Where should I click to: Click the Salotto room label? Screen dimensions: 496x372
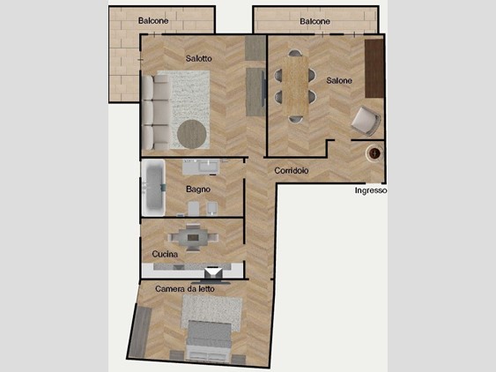(x=198, y=58)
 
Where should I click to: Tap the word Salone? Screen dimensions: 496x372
(x=339, y=81)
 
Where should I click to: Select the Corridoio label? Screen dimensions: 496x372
(x=292, y=171)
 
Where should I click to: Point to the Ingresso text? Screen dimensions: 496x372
(x=371, y=190)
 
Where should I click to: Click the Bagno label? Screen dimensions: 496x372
(x=198, y=190)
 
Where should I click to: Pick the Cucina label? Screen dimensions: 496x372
(x=165, y=254)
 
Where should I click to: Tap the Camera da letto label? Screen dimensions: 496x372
(x=185, y=289)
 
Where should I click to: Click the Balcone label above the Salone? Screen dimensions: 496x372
(x=315, y=21)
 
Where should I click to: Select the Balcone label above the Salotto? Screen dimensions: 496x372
(x=153, y=21)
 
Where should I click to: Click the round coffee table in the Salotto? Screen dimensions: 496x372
(x=192, y=134)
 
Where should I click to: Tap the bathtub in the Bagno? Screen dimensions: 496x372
(x=153, y=188)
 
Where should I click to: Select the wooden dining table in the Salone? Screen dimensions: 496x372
(x=296, y=86)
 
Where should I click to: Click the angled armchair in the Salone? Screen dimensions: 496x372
(x=366, y=121)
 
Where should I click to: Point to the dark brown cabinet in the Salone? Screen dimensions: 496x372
(x=374, y=69)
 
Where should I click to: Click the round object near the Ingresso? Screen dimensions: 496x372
(x=374, y=153)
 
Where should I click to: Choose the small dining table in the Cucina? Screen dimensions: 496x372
(x=193, y=237)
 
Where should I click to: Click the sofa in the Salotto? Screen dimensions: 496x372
(x=156, y=112)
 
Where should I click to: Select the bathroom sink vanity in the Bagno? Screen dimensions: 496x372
(x=201, y=167)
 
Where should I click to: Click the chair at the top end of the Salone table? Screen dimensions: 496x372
(x=295, y=53)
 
